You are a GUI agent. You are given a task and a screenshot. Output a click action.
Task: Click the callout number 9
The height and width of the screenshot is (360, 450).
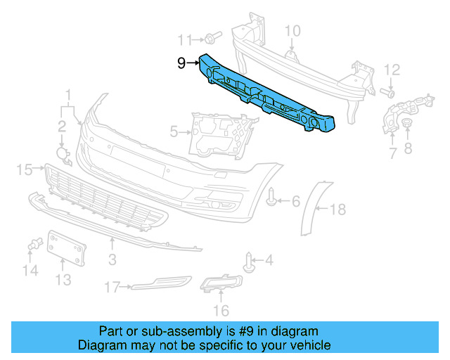[x=181, y=63]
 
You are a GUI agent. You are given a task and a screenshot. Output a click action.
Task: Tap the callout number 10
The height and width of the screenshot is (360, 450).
[x=292, y=30]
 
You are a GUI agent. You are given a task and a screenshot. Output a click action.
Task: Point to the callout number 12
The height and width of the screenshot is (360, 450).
[x=392, y=69]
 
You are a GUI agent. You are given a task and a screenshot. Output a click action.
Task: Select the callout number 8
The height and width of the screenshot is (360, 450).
[x=409, y=147]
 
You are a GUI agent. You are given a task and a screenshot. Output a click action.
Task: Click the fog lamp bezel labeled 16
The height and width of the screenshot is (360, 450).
[x=221, y=285]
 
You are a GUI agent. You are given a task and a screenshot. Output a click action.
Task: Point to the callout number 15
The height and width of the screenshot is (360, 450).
[x=23, y=169]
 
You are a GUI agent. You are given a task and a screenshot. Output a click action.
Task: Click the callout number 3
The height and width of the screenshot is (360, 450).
[x=112, y=243]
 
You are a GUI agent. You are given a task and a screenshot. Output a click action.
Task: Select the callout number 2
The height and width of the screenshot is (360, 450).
[x=62, y=127]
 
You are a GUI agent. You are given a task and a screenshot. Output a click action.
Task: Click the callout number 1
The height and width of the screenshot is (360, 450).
[x=69, y=94]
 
